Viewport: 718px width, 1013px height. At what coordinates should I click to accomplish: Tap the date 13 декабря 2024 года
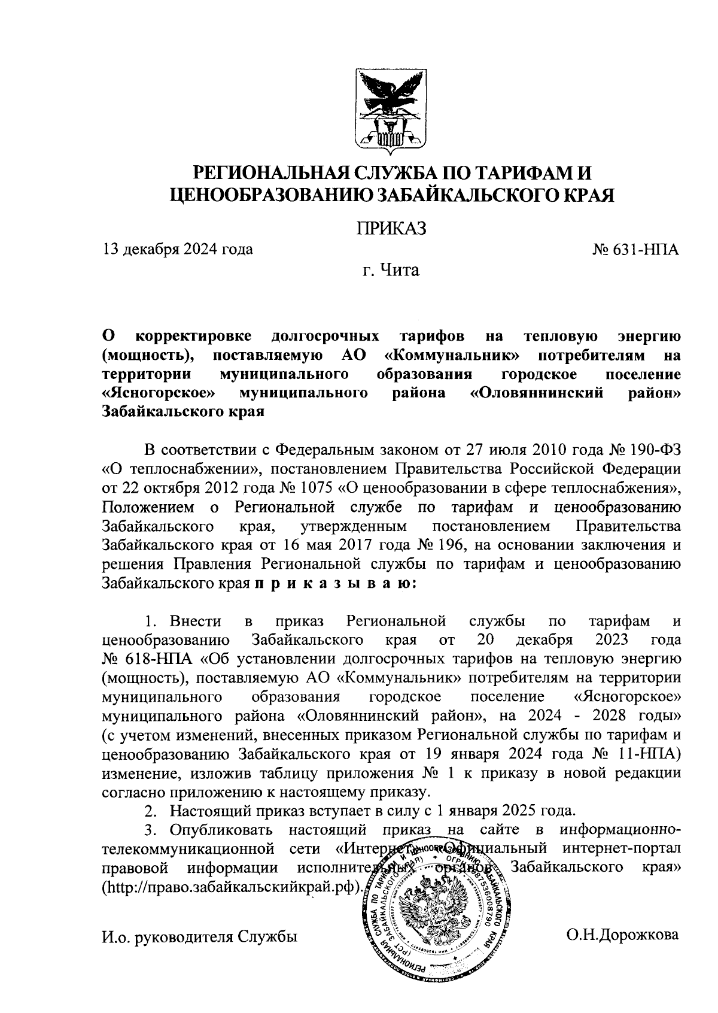click(x=178, y=249)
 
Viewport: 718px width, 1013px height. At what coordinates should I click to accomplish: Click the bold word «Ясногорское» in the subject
click(x=159, y=394)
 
